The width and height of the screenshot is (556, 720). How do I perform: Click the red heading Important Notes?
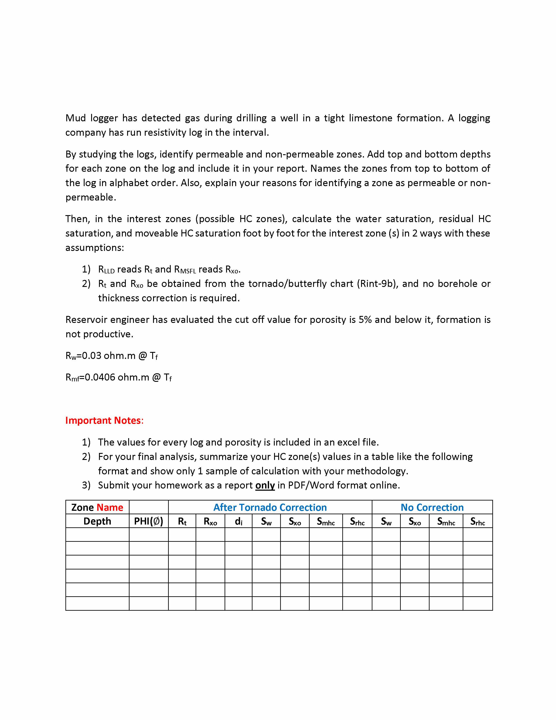(104, 421)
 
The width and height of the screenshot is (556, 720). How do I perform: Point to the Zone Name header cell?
(97, 507)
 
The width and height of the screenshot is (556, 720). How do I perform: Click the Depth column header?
(97, 521)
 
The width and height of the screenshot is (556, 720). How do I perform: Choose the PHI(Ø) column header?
(148, 521)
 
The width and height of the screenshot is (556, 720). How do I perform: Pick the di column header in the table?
(239, 521)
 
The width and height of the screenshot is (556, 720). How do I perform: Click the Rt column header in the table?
(182, 521)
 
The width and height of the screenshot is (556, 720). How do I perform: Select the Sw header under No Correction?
(386, 521)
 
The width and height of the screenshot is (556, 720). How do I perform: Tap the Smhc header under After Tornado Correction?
(326, 521)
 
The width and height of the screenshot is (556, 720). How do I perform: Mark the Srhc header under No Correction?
(478, 521)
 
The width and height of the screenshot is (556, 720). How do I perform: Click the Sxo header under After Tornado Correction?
(295, 521)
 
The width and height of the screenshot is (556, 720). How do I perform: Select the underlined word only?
(265, 485)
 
